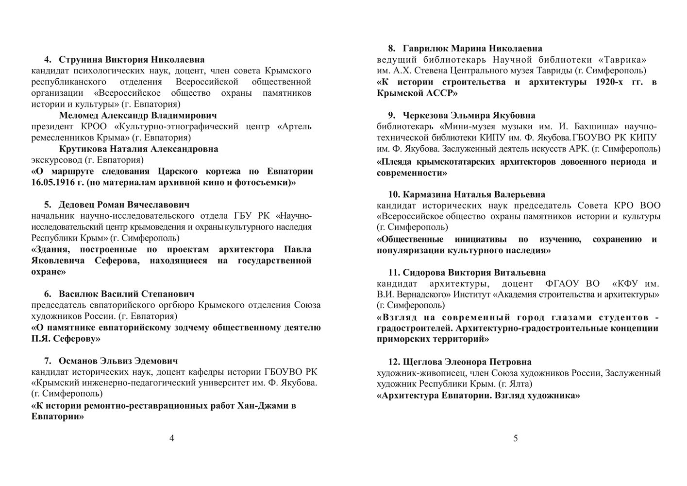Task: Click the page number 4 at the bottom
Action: [x=171, y=438]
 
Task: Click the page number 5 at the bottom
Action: [x=515, y=438]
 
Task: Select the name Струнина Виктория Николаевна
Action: [x=132, y=60]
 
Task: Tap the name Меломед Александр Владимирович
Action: [x=138, y=116]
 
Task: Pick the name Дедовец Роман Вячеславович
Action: [x=124, y=205]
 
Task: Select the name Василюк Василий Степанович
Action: [x=126, y=294]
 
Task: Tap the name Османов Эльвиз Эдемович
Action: [x=118, y=361]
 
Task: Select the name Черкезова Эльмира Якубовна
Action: [x=469, y=116]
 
